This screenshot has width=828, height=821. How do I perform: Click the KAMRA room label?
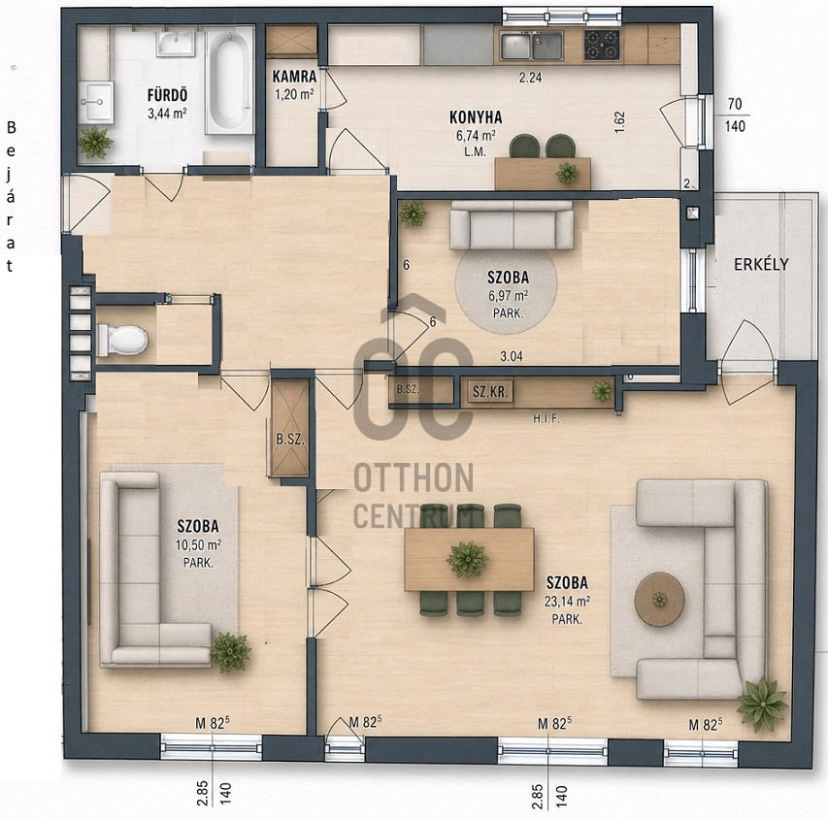[x=294, y=77]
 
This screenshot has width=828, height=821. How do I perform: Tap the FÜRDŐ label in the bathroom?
[x=167, y=95]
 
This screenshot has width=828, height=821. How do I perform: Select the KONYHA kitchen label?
[x=476, y=117]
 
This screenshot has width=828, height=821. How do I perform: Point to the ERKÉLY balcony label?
[x=761, y=264]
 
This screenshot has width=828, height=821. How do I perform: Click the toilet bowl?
[x=122, y=340]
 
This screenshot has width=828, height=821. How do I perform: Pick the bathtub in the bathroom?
[x=230, y=81]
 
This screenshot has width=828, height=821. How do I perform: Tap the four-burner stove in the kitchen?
[x=602, y=45]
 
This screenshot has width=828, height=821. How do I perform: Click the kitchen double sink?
[x=531, y=46]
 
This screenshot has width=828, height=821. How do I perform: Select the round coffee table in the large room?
[x=659, y=599]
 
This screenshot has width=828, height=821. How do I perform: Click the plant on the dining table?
[x=467, y=559]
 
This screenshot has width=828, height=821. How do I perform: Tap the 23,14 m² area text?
[x=567, y=601]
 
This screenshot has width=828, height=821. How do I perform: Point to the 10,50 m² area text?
[x=198, y=544]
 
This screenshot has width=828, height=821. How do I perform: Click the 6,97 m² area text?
[x=508, y=295]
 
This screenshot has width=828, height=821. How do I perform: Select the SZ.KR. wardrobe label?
[x=490, y=392]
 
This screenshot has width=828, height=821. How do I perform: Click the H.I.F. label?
[x=546, y=419]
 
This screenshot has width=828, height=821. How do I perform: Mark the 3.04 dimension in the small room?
[x=512, y=356]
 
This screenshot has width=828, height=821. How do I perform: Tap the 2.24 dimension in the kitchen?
[x=530, y=78]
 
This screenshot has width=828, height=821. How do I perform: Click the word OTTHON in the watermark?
[x=414, y=477]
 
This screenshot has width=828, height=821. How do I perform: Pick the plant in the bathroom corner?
[x=95, y=142]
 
